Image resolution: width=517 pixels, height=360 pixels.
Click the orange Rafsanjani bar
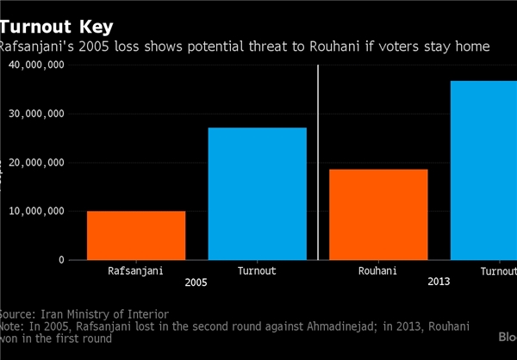pyautogui.click(x=136, y=235)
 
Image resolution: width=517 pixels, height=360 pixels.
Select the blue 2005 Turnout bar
pyautogui.click(x=258, y=194)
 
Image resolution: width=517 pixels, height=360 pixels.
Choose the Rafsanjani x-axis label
pyautogui.click(x=136, y=271)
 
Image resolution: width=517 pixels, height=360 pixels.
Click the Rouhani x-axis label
pyautogui.click(x=378, y=271)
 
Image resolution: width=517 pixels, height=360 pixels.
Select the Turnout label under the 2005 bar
pyautogui.click(x=258, y=271)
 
